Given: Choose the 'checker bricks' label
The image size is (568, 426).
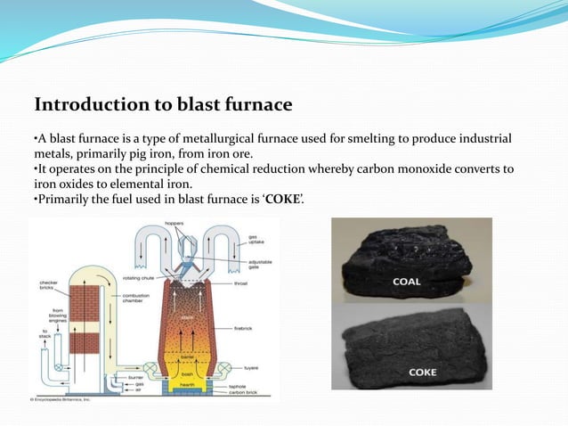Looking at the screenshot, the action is click(x=48, y=286).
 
